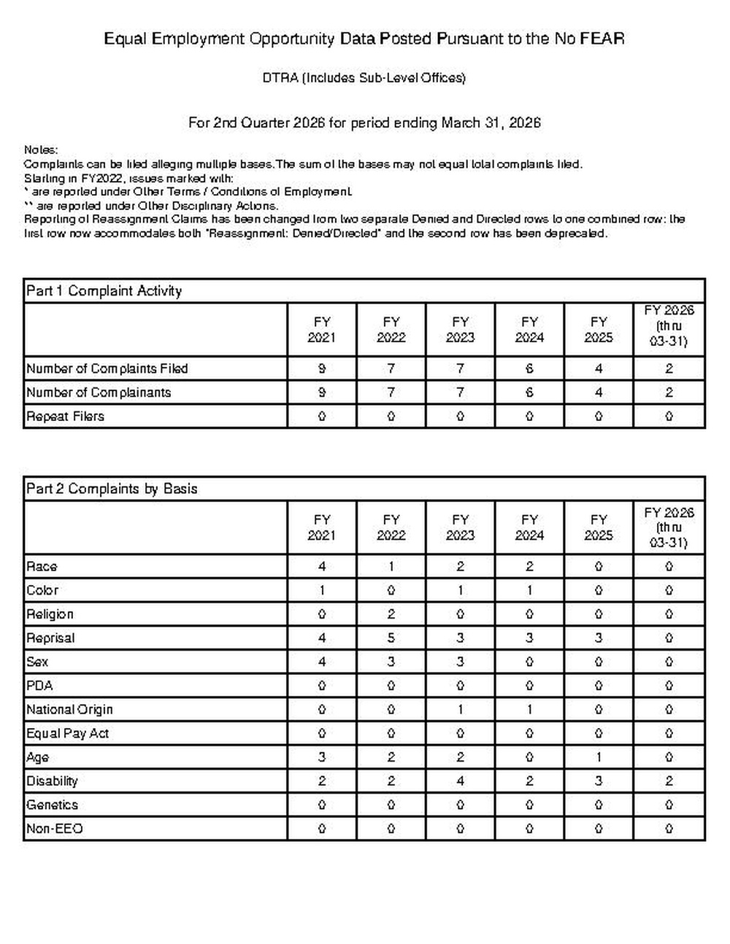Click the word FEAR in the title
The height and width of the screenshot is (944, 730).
tap(602, 39)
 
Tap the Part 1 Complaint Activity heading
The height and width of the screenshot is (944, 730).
tap(104, 291)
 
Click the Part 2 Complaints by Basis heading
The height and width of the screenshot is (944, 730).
tap(112, 489)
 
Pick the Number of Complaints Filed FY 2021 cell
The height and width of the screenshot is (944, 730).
tap(322, 368)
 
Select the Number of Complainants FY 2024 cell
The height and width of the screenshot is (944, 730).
tap(529, 392)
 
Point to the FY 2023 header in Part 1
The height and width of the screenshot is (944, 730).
tap(460, 330)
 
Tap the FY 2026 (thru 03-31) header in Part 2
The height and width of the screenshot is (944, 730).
tap(669, 527)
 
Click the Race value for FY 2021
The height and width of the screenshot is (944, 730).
tap(322, 566)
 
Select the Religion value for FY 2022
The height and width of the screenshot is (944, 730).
tap(391, 614)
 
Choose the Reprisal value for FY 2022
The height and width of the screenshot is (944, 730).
tap(391, 638)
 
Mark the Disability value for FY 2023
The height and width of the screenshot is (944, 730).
tap(460, 781)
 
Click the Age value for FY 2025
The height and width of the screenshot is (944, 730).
tap(599, 757)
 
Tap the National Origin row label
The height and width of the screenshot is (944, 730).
tap(69, 709)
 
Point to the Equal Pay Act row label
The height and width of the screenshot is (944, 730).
tap(67, 733)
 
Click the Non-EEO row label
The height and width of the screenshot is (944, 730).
tap(54, 829)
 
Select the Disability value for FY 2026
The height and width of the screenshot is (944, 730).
tap(669, 781)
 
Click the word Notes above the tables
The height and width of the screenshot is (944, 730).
tap(41, 150)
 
